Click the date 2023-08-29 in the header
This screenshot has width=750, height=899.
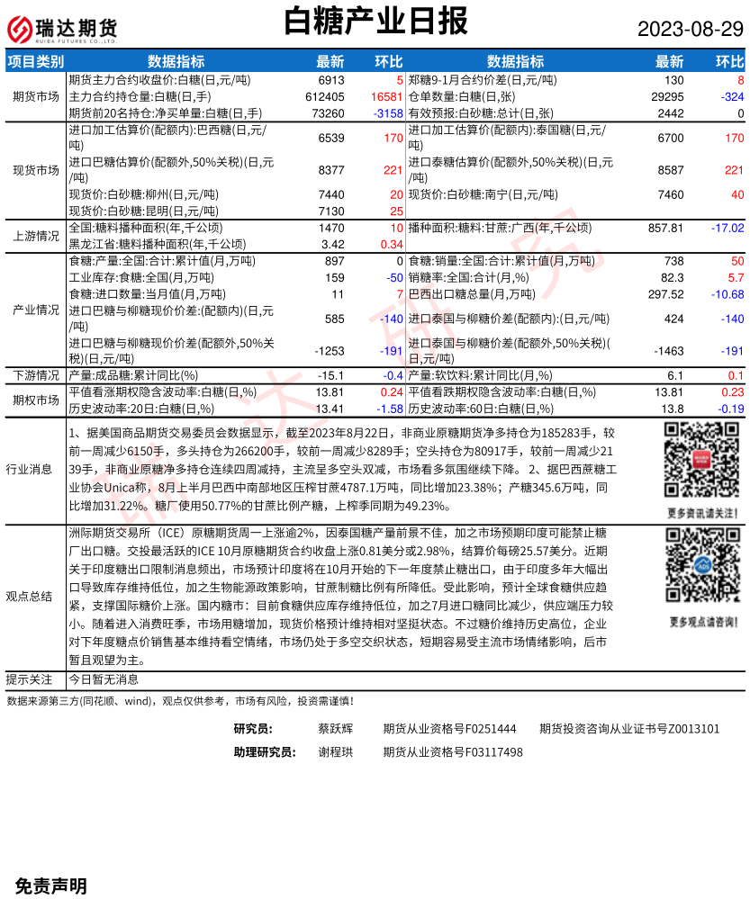coord(691,29)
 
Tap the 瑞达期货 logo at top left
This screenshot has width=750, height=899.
coord(63,29)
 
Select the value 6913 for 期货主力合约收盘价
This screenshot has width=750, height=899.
coord(331,80)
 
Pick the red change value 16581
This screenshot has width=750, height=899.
coord(385,96)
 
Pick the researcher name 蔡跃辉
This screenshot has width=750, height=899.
coord(336,729)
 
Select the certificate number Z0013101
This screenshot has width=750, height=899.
coord(687,729)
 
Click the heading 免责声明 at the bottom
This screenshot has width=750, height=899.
coord(51,886)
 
